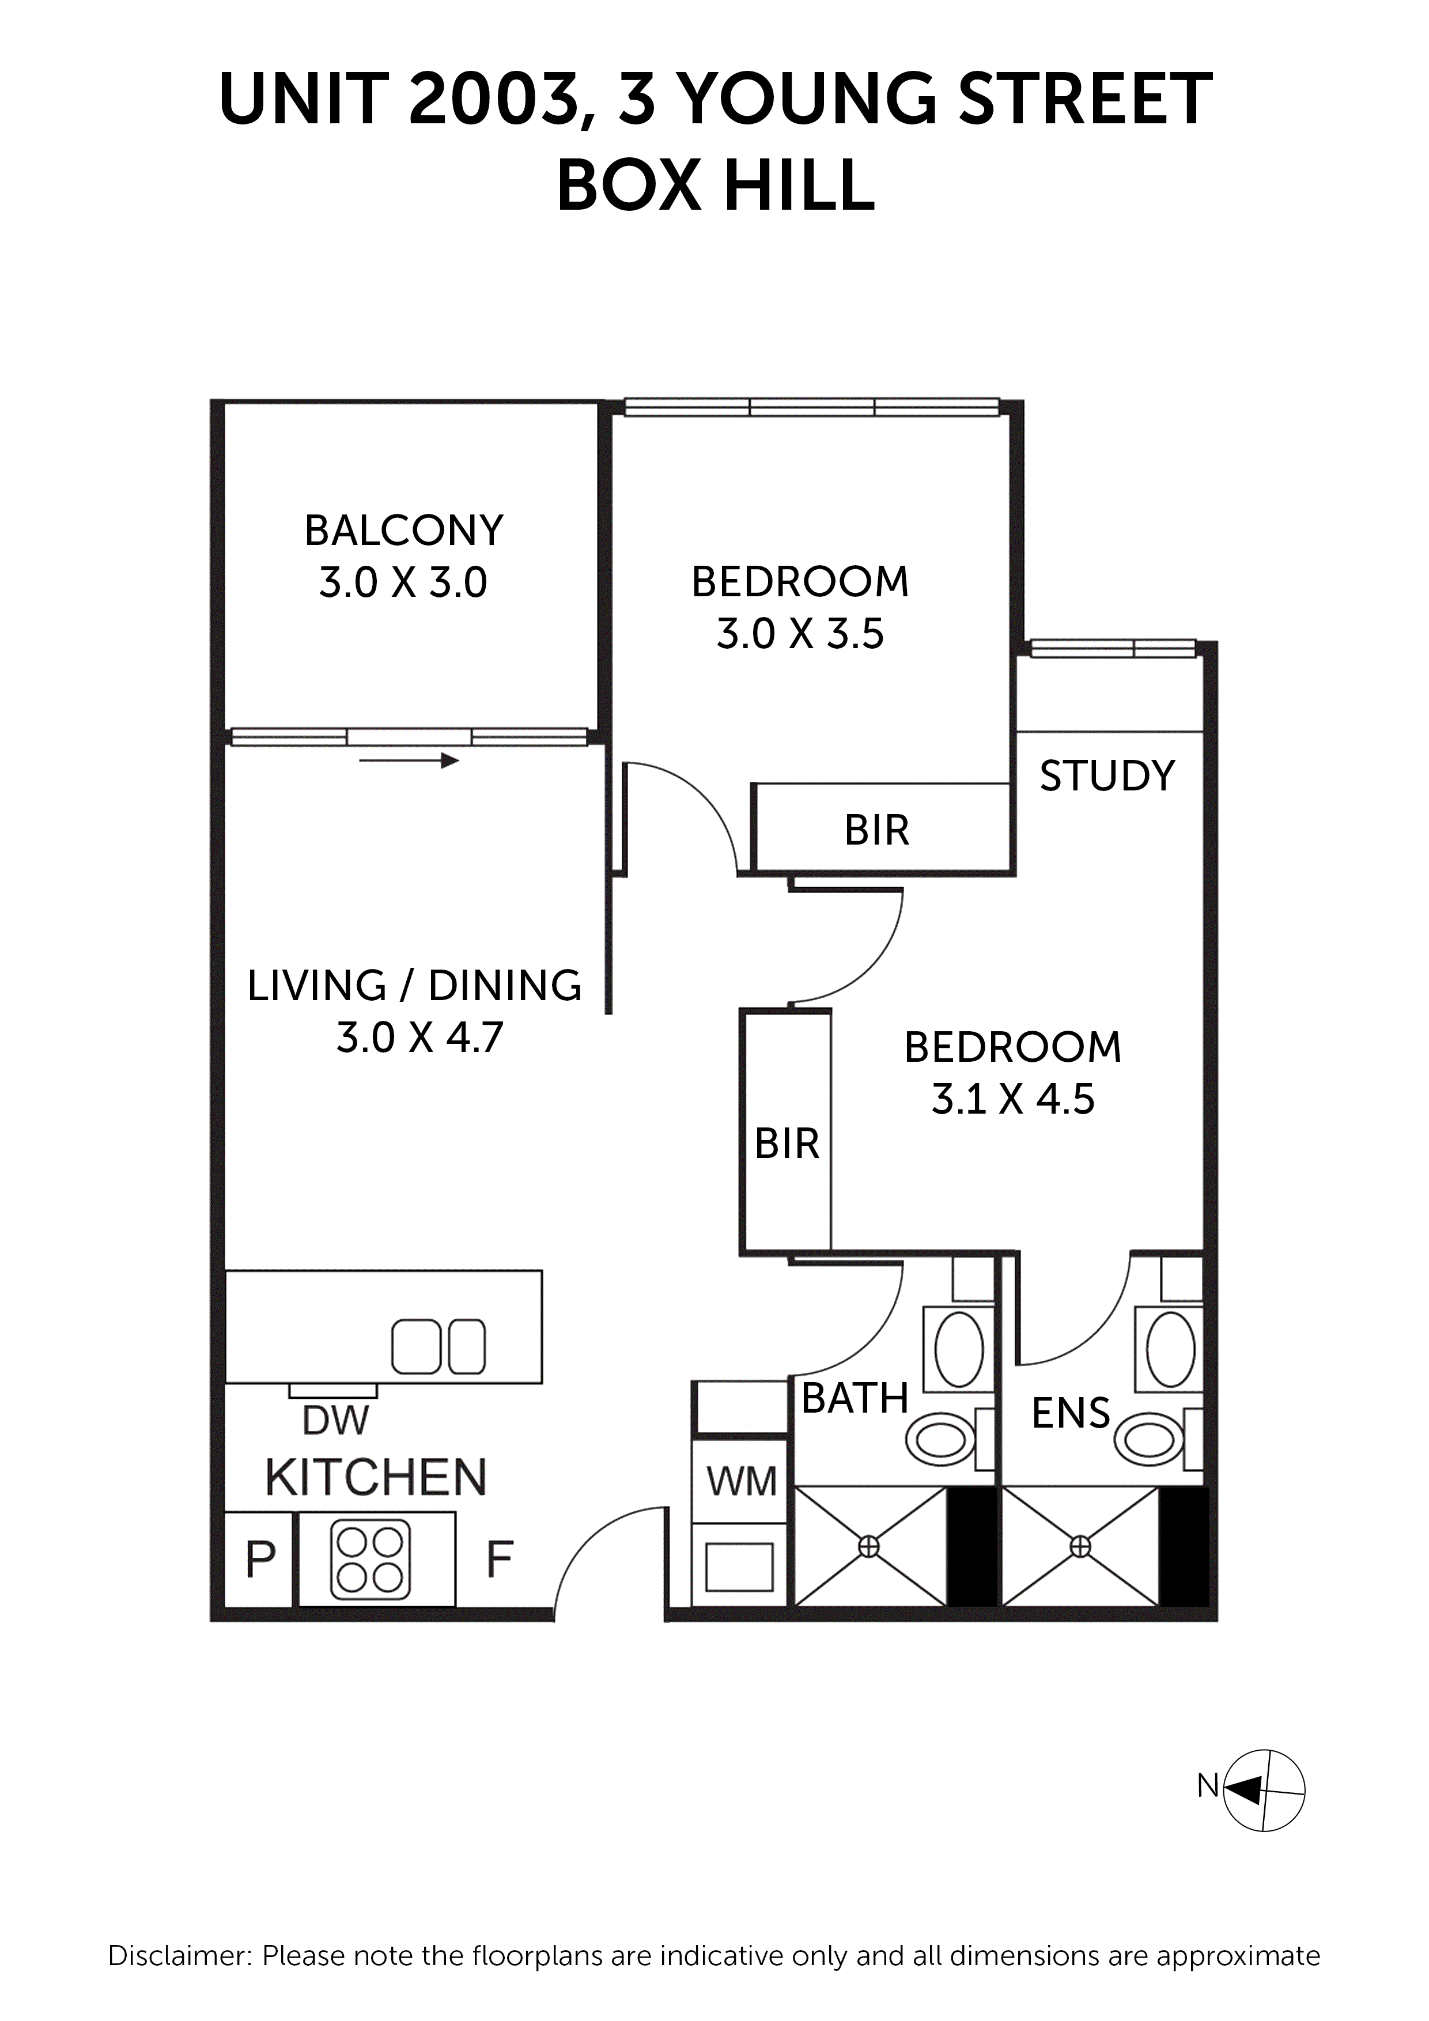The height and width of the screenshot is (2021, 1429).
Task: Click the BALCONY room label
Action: [403, 531]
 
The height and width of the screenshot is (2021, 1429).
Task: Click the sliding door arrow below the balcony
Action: [410, 760]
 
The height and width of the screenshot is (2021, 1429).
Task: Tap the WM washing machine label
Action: [742, 1481]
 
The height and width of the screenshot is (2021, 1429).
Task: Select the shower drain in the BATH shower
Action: [869, 1546]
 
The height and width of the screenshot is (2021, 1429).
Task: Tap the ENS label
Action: [1070, 1414]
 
